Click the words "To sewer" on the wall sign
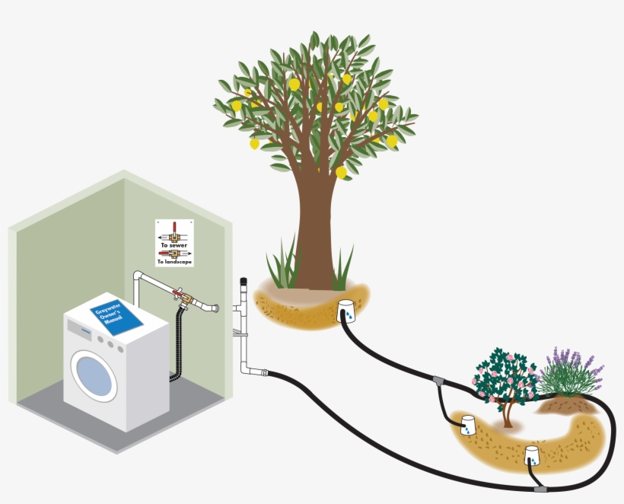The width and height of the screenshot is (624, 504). click(174, 246)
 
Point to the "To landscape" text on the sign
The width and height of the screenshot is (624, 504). click(174, 262)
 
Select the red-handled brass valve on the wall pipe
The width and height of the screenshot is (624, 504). click(180, 294)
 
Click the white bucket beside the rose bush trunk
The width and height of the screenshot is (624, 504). click(467, 425)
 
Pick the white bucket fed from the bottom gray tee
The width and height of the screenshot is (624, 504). click(533, 455)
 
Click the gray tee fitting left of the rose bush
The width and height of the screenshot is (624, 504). click(438, 380)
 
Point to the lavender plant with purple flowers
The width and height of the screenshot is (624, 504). click(569, 373)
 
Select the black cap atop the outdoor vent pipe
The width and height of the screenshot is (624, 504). click(243, 281)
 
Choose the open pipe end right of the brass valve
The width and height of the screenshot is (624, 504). click(215, 308)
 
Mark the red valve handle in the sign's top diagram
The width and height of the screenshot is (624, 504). click(174, 227)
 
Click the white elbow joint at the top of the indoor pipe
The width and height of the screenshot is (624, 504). click(138, 276)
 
